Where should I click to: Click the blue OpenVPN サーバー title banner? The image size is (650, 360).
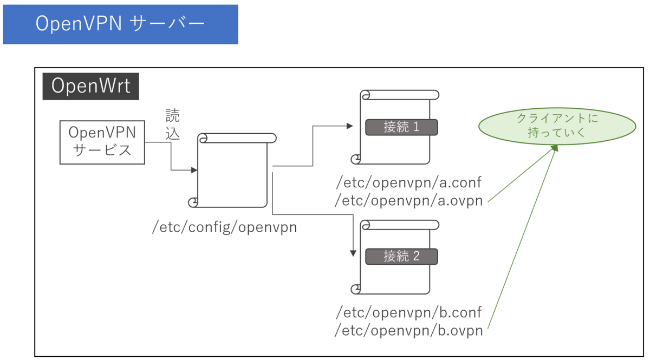pos(120,24)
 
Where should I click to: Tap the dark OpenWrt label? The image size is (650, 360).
pos(91,87)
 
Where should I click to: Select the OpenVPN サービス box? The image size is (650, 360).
pos(102,142)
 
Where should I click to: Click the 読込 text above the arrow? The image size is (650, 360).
pos(172,125)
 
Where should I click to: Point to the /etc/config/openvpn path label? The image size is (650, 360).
pos(225,227)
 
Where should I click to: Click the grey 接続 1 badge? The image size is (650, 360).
pos(401,127)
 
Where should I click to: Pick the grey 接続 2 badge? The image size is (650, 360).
pos(401,256)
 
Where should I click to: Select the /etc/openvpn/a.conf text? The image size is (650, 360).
pos(408,182)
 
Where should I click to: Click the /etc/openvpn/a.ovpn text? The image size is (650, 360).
pos(408,201)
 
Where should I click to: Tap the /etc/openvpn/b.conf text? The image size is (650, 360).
pos(408,312)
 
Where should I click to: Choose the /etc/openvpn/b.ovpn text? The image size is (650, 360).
pos(408,330)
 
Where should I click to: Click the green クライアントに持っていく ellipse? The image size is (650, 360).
pos(557,126)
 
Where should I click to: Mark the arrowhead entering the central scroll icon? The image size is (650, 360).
pos(194,171)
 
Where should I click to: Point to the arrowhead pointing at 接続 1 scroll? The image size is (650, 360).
pos(350,126)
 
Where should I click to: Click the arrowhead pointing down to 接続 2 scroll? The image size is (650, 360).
pos(353,252)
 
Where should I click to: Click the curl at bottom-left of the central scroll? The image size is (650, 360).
pos(193,203)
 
